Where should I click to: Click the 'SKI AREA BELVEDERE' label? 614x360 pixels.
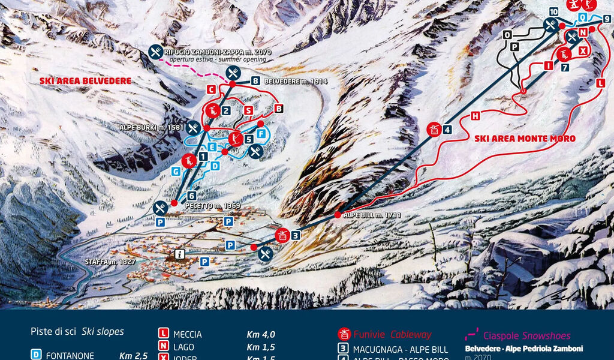pyautogui.click(x=85, y=80)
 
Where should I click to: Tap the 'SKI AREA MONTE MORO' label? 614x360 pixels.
pyautogui.click(x=525, y=139)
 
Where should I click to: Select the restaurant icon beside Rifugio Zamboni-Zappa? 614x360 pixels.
pyautogui.click(x=155, y=52)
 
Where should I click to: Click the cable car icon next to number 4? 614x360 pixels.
pyautogui.click(x=434, y=129)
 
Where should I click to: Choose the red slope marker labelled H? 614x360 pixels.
pyautogui.click(x=475, y=116)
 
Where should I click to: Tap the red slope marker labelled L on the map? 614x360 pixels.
pyautogui.click(x=601, y=84)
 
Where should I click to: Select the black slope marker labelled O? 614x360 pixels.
pyautogui.click(x=507, y=35)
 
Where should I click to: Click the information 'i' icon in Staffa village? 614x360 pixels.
pyautogui.click(x=179, y=254)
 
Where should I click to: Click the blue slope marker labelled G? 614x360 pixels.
pyautogui.click(x=176, y=171)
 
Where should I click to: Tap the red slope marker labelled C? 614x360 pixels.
pyautogui.click(x=211, y=89)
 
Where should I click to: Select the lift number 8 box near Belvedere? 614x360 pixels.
pyautogui.click(x=255, y=81)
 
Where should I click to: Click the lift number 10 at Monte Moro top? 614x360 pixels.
pyautogui.click(x=553, y=12)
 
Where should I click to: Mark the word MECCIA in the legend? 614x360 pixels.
pyautogui.click(x=187, y=335)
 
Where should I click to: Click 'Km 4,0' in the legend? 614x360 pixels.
pyautogui.click(x=261, y=335)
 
